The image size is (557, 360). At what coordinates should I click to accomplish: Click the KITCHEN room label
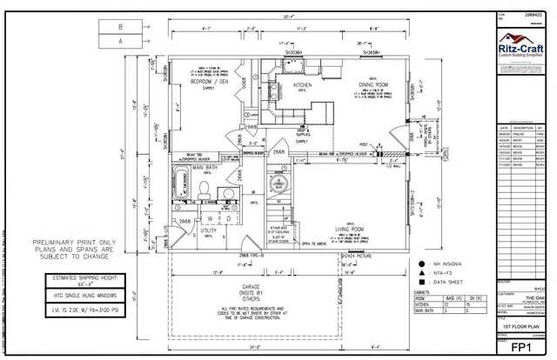click(x=303, y=85)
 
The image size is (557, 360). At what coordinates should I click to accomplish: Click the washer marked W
click(x=211, y=217)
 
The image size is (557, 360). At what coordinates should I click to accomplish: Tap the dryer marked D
click(x=228, y=217)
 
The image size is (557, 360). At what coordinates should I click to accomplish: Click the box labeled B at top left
click(x=121, y=26)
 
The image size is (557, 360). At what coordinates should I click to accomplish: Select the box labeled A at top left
click(x=121, y=40)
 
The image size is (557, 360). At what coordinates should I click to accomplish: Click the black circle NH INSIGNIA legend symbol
click(x=421, y=262)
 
